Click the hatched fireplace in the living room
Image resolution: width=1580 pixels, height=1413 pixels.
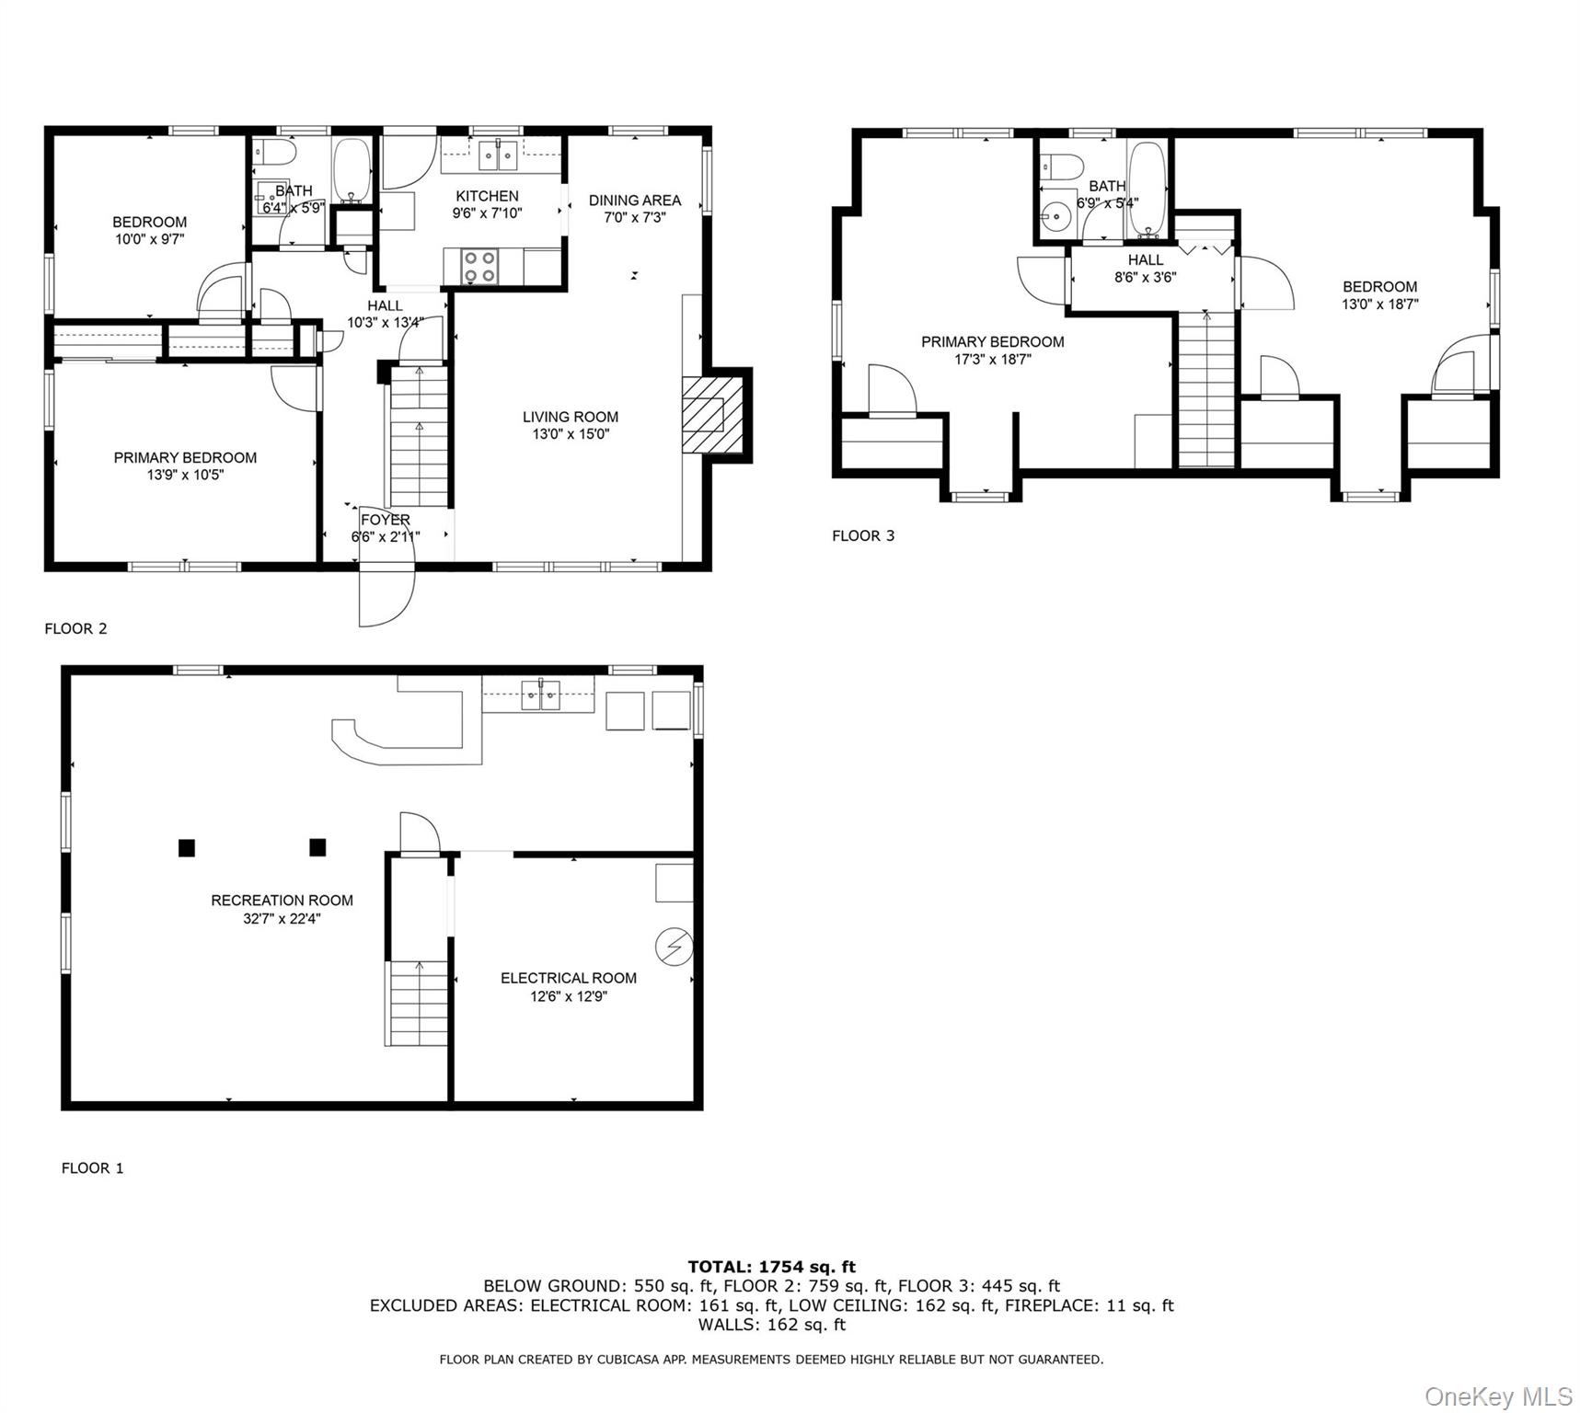pos(711,414)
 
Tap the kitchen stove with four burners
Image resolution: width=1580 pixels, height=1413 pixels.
pos(479,266)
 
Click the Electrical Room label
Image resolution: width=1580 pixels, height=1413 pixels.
pos(568,978)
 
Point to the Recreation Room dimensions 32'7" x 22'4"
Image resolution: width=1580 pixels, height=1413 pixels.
pos(282,918)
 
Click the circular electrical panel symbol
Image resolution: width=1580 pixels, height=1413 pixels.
pos(674,946)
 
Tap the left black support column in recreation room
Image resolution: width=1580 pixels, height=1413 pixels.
pos(187,847)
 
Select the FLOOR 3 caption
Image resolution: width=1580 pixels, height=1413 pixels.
pos(863,535)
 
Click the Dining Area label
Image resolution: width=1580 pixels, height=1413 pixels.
pos(635,200)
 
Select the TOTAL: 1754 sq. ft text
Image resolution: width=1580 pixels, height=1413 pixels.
pos(771,1267)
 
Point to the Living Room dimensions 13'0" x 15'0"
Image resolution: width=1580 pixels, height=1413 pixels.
pos(571,434)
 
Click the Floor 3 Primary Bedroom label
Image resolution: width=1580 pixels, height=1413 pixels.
pos(992,341)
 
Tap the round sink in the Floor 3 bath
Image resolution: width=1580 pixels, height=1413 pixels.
pos(1057,217)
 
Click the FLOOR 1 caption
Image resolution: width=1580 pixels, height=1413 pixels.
pos(92,1168)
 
